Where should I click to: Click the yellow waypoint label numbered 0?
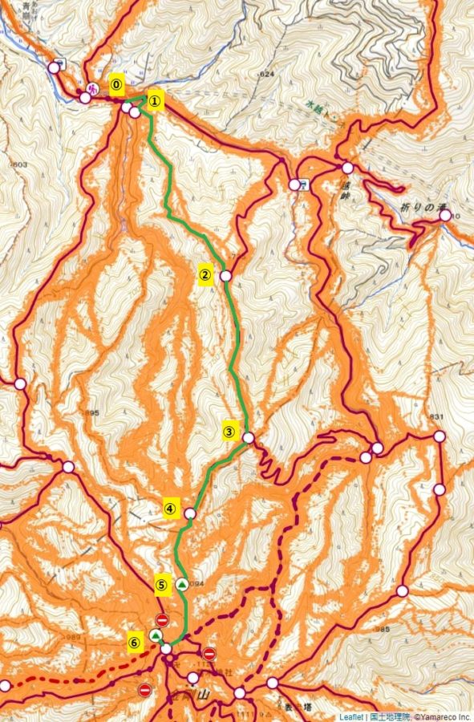point(117,83)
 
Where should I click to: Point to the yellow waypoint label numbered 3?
point(229,432)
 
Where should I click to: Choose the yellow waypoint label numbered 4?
point(170,507)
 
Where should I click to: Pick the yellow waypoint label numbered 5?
point(161,586)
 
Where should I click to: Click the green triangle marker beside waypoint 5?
point(182,584)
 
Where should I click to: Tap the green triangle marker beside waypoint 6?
point(156,635)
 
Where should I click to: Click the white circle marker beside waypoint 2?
point(225,276)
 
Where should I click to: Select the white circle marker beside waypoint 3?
point(249,438)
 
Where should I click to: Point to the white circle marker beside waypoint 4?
point(190,513)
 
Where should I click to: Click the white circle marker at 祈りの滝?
point(445,215)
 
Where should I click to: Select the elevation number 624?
point(266,74)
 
